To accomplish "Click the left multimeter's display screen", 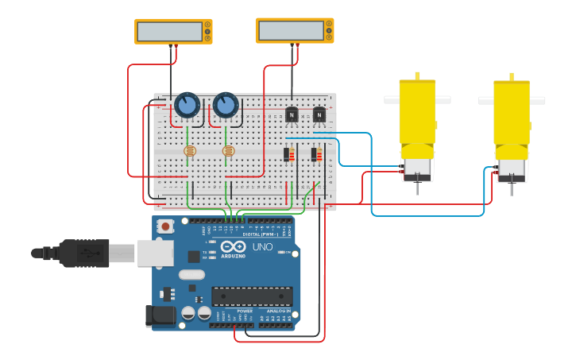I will [169, 31].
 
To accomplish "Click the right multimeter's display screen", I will [290, 30].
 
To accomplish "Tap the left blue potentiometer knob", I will [187, 105].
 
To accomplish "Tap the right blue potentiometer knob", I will [226, 105].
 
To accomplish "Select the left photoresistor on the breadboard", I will [189, 150].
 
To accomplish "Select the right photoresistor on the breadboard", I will [229, 150].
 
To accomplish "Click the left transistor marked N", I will [291, 115].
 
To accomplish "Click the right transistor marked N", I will [319, 115].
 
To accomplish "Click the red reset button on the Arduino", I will [165, 226].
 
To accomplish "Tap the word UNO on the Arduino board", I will [262, 247].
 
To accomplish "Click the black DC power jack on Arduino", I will [160, 315].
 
